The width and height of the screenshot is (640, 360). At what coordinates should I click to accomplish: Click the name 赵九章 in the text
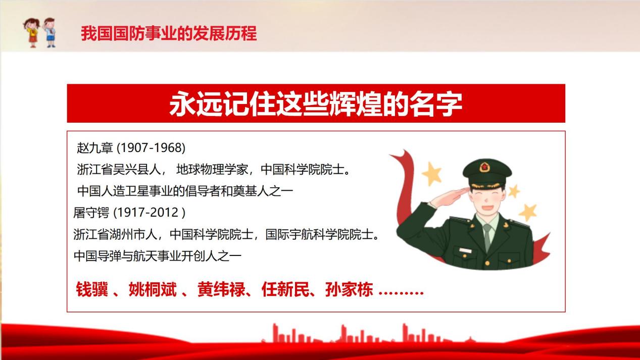[95, 148]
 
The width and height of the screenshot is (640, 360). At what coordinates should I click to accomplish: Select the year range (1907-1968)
[151, 148]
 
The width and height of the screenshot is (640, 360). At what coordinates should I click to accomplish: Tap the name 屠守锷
[91, 213]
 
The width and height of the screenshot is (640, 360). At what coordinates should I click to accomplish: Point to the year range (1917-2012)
[150, 213]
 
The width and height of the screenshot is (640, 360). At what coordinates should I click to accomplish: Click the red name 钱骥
[92, 289]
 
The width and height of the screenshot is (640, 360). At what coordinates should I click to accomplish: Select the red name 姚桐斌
[153, 289]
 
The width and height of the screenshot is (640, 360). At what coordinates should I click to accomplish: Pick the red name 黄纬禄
[221, 289]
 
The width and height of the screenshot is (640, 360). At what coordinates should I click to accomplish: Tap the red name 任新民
[285, 289]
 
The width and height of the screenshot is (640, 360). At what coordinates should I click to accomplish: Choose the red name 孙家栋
[349, 289]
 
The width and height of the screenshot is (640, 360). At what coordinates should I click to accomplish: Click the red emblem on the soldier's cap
[484, 167]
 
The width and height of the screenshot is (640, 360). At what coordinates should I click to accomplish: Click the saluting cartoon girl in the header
[32, 33]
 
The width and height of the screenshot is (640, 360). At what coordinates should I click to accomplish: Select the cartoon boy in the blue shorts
[50, 32]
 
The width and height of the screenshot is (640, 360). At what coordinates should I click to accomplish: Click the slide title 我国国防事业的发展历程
[169, 33]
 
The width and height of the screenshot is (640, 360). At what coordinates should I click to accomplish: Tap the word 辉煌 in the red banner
[355, 104]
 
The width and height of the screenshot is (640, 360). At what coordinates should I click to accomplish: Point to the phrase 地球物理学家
[212, 170]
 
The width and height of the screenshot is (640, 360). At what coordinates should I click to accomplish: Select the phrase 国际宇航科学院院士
[319, 235]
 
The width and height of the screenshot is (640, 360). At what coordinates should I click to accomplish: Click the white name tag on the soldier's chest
[465, 250]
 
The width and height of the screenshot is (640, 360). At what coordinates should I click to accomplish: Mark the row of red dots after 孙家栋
[401, 293]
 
